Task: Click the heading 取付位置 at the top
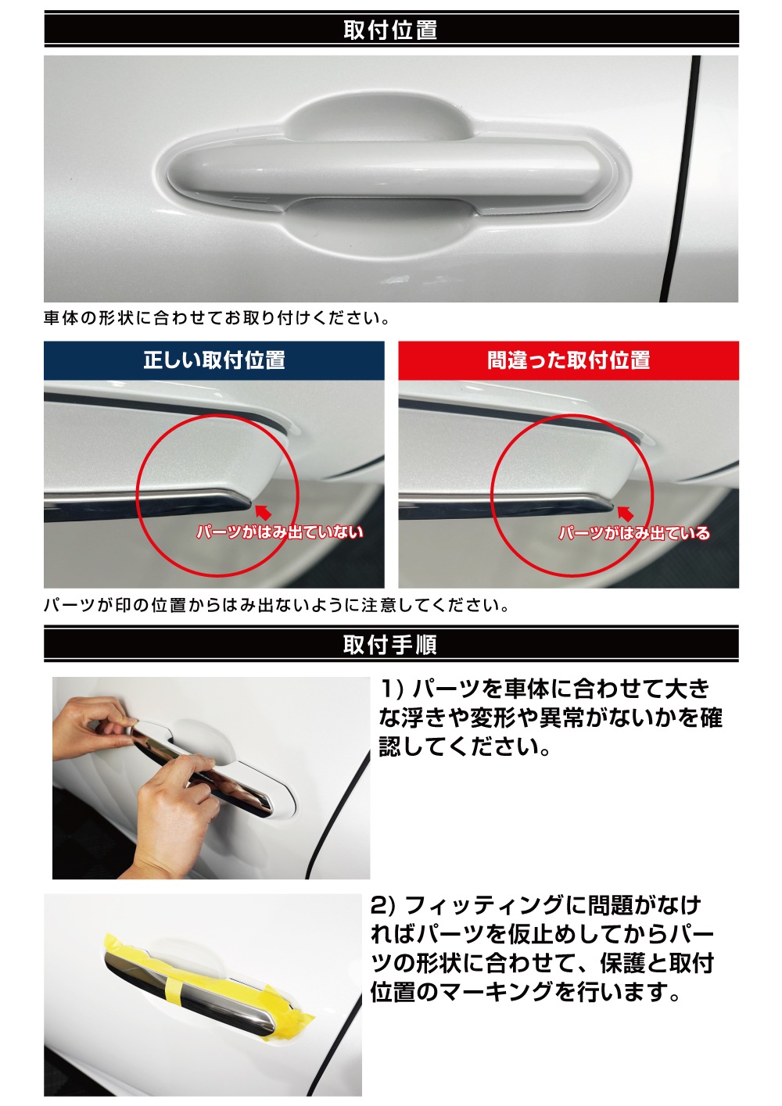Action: tap(390, 30)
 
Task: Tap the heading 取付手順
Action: tap(390, 645)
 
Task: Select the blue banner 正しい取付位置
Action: tap(213, 360)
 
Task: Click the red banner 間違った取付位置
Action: tap(569, 360)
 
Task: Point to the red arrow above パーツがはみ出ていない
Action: tap(264, 513)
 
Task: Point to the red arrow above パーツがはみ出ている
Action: tap(625, 514)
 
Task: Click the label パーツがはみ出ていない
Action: tap(279, 532)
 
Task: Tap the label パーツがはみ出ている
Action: tap(634, 533)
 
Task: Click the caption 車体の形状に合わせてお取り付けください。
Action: tap(217, 318)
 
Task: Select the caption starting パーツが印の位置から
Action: tap(277, 605)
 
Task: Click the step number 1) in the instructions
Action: tap(391, 689)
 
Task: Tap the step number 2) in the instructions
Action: tap(383, 905)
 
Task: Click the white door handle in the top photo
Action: tap(383, 168)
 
